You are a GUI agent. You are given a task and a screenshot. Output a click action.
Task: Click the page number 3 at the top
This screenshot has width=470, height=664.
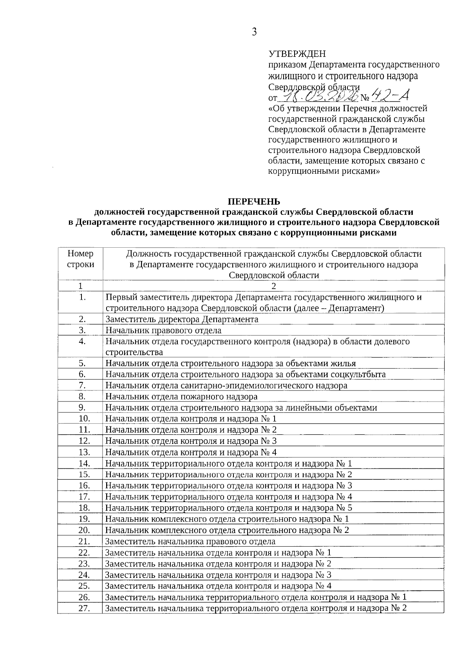[x=254, y=32]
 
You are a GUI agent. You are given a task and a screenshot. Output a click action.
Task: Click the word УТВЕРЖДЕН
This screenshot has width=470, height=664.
[x=297, y=54]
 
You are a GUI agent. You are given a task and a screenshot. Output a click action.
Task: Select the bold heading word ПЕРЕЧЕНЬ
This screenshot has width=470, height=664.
[x=254, y=202]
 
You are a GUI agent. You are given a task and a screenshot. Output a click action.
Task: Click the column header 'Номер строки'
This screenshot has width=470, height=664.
[x=80, y=259]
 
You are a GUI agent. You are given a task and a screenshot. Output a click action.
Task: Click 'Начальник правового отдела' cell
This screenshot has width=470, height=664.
[x=163, y=330]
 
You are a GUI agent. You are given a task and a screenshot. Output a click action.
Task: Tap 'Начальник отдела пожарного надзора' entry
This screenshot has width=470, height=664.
[x=181, y=397]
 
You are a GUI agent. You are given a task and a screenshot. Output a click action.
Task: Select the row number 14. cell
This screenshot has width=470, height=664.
[x=84, y=464]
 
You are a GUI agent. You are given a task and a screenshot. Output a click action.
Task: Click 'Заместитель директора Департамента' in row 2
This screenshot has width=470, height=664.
[x=182, y=319]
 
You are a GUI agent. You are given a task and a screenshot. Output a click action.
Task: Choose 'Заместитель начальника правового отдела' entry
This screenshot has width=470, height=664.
[x=190, y=542]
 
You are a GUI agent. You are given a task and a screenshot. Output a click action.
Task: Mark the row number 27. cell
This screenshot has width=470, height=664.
[x=84, y=608]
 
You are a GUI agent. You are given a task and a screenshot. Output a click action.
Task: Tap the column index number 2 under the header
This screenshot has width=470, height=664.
[x=274, y=286]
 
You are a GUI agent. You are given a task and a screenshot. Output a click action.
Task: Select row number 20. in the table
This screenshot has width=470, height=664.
[x=84, y=531]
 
